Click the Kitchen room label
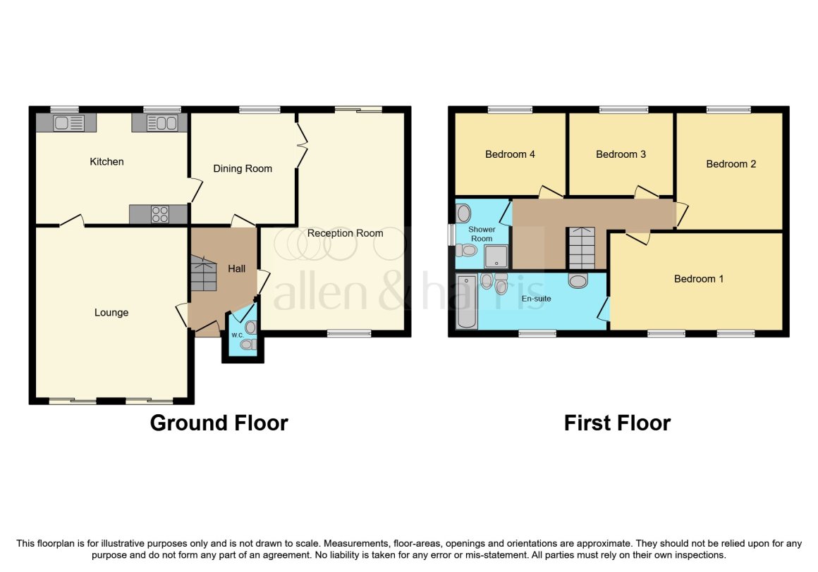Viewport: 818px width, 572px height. (106, 161)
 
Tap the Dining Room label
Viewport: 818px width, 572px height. (243, 169)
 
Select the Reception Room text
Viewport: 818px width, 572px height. (345, 233)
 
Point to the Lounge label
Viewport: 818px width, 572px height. (111, 313)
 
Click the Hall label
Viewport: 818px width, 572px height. (236, 269)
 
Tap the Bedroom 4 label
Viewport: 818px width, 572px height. (510, 154)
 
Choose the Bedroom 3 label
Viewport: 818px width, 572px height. (621, 154)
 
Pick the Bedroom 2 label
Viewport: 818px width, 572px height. (731, 164)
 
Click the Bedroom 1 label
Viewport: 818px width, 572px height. (699, 279)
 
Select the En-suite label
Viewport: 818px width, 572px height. (537, 299)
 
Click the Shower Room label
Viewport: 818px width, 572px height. (482, 234)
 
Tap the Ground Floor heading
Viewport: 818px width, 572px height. (219, 423)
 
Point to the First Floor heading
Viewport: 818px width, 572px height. (617, 423)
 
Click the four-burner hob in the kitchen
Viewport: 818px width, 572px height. (159, 214)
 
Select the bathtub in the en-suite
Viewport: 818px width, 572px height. (466, 302)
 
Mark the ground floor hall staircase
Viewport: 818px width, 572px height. (203, 273)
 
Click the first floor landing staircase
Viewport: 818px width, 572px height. (581, 247)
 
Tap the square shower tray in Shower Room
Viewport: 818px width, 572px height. (496, 256)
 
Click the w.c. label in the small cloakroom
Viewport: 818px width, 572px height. (238, 335)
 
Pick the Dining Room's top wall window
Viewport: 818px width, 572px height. (260, 109)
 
